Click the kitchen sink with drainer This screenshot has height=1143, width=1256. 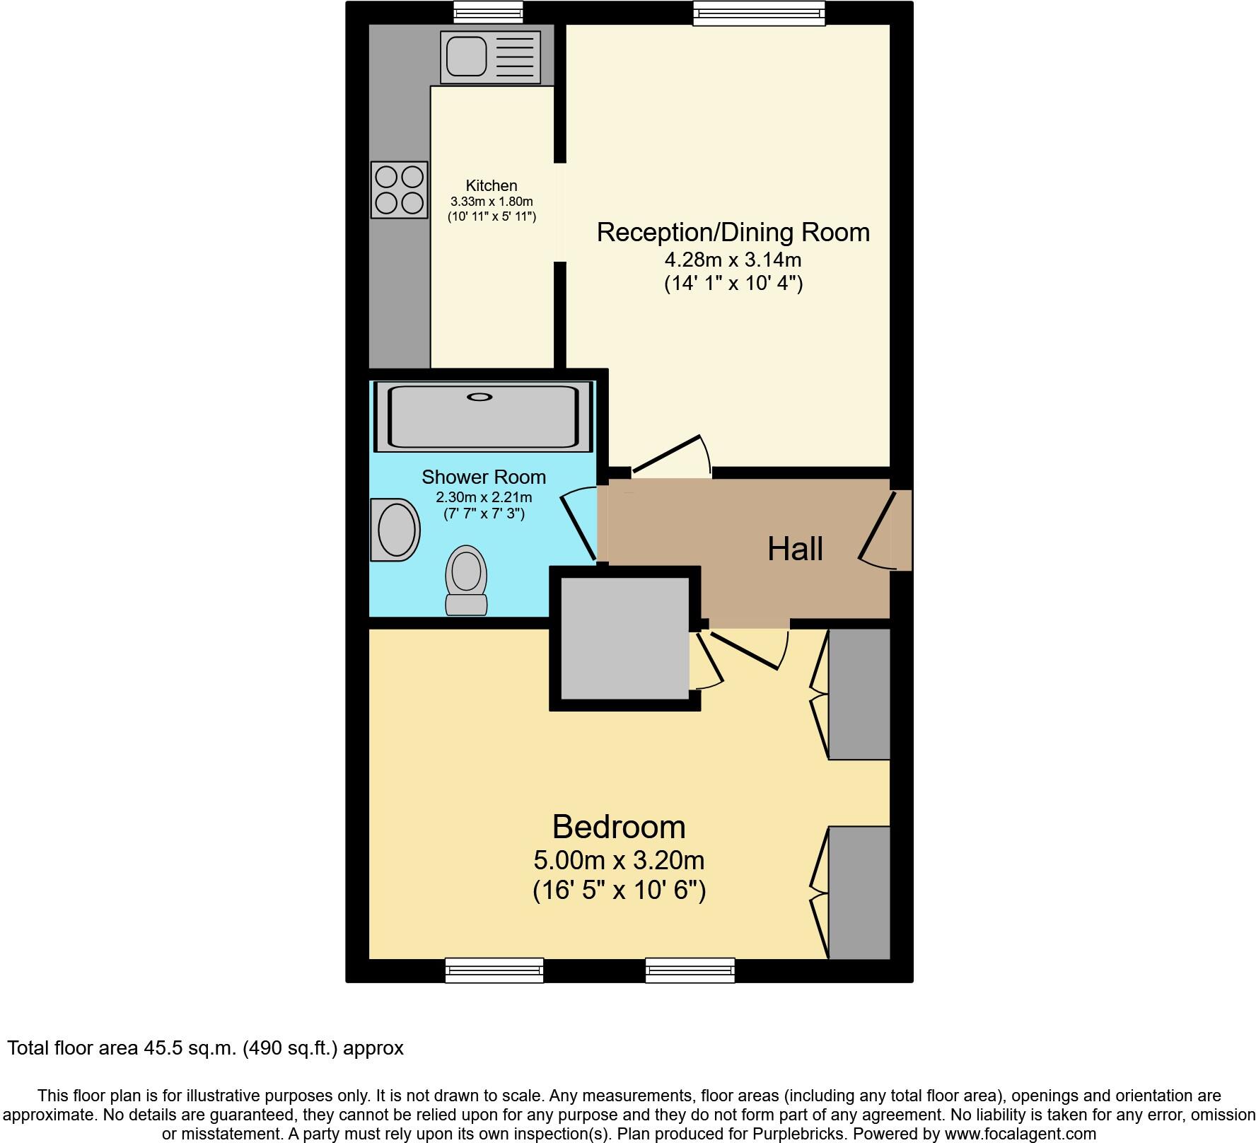click(x=490, y=57)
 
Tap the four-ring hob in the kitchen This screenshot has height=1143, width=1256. click(x=400, y=190)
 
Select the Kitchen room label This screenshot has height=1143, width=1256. click(x=492, y=186)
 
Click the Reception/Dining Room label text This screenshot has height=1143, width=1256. click(x=733, y=233)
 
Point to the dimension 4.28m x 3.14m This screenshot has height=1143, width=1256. click(x=733, y=259)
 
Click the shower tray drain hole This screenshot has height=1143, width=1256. click(x=479, y=398)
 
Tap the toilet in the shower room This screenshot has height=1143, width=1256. click(x=466, y=579)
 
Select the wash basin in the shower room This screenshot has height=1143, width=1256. click(x=395, y=530)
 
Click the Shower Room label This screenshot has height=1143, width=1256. click(x=484, y=477)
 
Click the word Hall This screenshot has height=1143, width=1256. click(x=795, y=549)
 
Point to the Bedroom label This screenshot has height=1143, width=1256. click(x=619, y=827)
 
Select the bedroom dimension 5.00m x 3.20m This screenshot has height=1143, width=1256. click(x=619, y=861)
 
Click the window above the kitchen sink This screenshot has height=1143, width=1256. click(x=488, y=12)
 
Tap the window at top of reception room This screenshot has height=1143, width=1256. click(x=759, y=13)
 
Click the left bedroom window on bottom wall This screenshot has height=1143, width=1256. click(x=494, y=970)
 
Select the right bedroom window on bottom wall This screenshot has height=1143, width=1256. click(x=690, y=970)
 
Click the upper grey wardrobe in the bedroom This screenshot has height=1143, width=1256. click(x=859, y=694)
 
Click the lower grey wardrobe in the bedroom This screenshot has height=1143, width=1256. click(x=859, y=893)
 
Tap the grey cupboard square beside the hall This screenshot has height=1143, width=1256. click(x=624, y=638)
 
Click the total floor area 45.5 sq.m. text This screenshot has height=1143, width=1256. click(x=205, y=1048)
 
